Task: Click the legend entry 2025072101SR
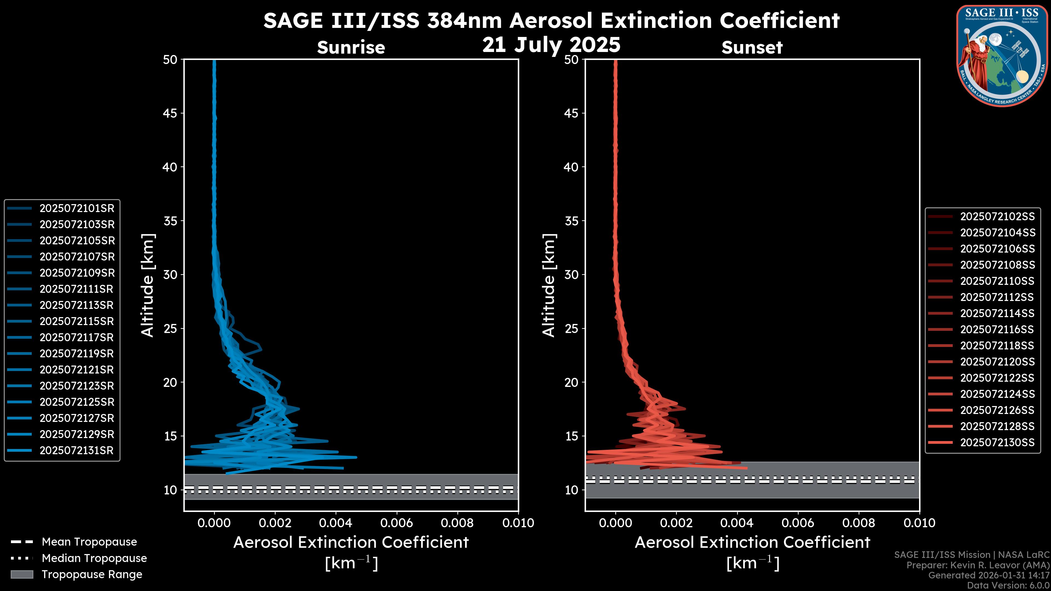point(77,208)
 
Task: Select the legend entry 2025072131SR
point(76,450)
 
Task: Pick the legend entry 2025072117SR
point(76,337)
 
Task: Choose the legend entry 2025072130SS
point(997,442)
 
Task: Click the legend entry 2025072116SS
point(997,329)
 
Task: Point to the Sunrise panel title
point(351,47)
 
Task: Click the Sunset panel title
point(752,47)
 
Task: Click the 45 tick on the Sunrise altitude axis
point(170,113)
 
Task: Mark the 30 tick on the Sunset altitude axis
point(571,274)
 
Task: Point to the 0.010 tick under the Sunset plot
point(919,523)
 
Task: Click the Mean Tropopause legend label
point(89,542)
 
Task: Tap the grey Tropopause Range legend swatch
point(22,574)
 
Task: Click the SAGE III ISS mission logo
point(1002,56)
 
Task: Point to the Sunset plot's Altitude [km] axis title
point(549,285)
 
